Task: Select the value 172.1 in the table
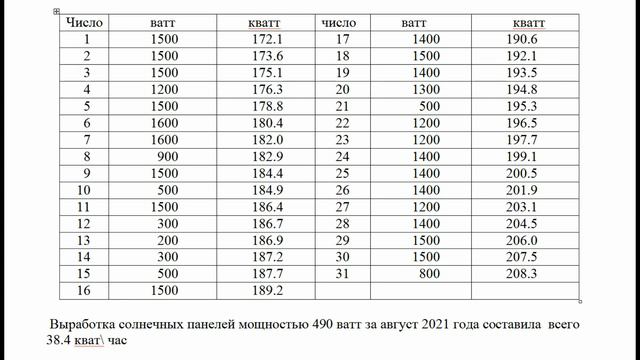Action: point(268,40)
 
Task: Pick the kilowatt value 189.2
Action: point(268,290)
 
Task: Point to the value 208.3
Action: point(522,273)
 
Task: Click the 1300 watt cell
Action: point(425,89)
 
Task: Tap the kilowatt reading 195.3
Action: point(522,106)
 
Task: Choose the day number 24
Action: point(342,156)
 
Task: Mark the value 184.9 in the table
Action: point(268,190)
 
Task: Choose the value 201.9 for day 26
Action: point(522,190)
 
